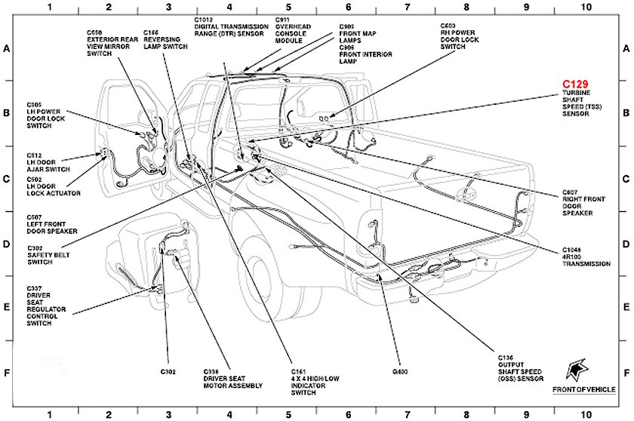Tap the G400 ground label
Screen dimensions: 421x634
399,372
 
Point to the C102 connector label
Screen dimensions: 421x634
168,372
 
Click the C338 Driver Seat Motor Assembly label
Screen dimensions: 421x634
232,379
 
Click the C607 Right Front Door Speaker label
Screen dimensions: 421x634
577,204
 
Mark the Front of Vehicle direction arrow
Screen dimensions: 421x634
579,367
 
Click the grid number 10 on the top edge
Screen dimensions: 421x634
586,7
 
